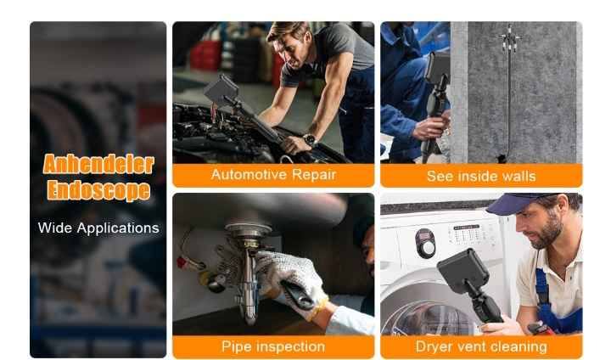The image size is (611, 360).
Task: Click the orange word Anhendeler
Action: pos(98,164)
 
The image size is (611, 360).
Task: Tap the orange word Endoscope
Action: pos(98,190)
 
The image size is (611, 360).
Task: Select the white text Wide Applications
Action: pos(98,228)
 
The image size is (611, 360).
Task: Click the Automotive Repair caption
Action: pos(273,174)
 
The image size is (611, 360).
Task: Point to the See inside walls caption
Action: pos(481,177)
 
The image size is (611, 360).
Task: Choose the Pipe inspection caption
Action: pos(273,346)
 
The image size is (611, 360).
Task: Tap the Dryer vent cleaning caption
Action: pos(481,346)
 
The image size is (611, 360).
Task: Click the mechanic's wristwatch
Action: pos(311,139)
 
